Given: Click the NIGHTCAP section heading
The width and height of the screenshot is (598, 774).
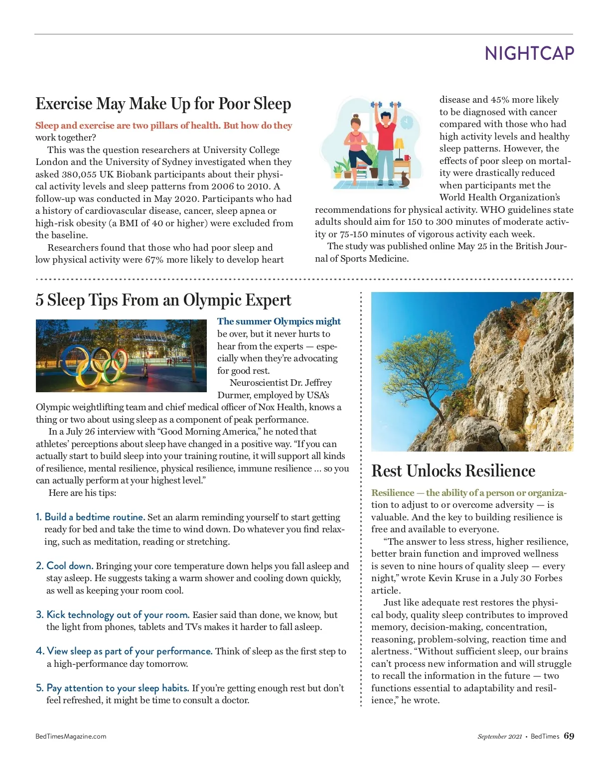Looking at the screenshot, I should [x=529, y=53].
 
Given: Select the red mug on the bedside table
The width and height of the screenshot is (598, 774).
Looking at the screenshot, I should [x=407, y=158].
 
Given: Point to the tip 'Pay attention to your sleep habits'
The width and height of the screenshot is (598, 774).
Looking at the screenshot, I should [x=117, y=688].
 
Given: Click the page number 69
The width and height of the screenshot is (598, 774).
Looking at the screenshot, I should [x=569, y=736].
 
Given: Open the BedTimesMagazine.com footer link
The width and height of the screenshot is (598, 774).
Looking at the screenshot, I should [x=71, y=737].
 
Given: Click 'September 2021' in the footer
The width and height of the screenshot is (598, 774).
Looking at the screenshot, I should [x=499, y=737].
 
